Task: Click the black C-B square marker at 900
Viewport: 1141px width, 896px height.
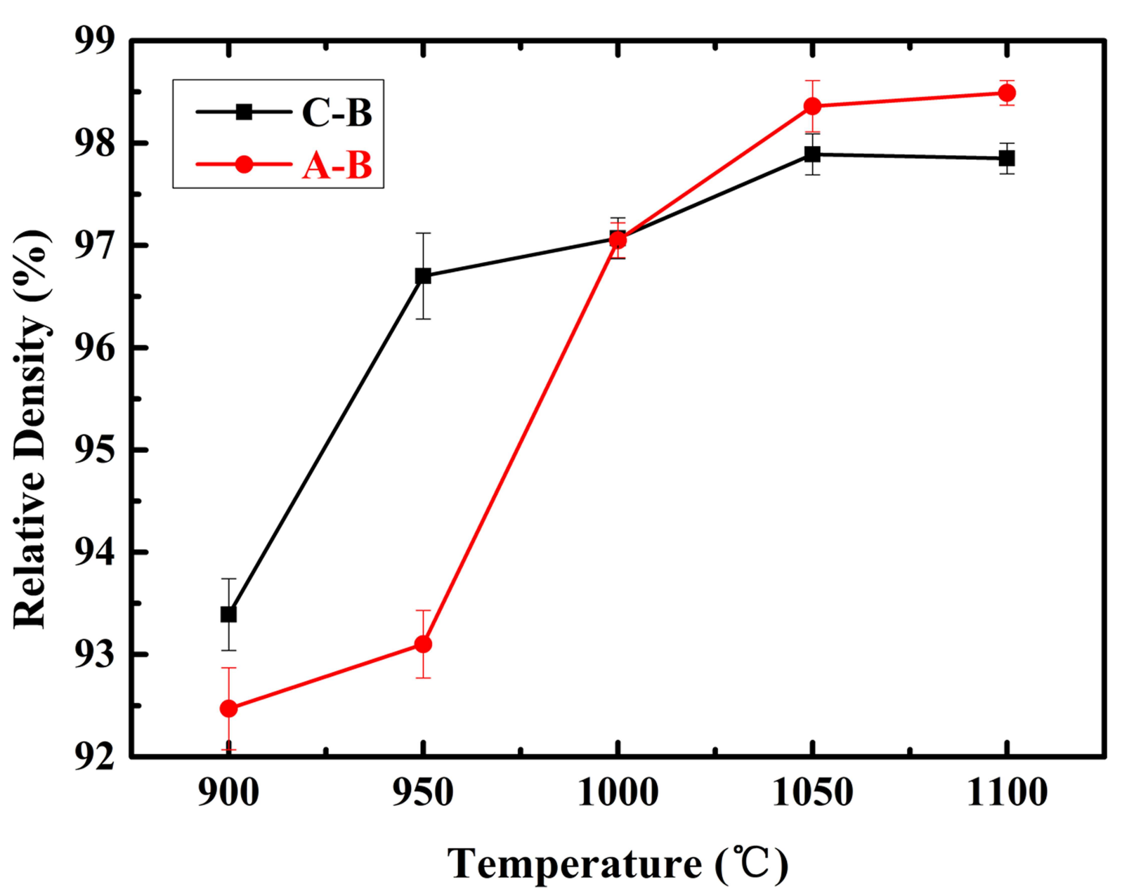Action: click(228, 614)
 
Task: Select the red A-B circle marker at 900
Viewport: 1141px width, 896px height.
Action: click(228, 709)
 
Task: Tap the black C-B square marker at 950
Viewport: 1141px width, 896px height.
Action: click(423, 276)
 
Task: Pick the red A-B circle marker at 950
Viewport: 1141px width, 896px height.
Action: click(423, 644)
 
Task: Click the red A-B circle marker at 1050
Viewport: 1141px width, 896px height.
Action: click(813, 106)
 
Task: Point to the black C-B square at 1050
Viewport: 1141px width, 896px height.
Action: click(813, 154)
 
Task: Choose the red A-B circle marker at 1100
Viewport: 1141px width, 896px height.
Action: click(1007, 93)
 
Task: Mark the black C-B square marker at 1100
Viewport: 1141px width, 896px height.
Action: click(1007, 158)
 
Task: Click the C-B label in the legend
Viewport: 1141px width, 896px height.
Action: click(337, 112)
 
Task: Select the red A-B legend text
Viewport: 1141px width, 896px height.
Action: click(337, 166)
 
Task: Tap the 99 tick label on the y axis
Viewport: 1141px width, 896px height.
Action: click(95, 41)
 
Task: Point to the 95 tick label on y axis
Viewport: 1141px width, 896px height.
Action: click(95, 450)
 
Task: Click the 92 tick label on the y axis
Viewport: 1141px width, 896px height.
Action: click(95, 756)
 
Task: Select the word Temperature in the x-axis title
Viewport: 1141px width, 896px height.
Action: click(574, 864)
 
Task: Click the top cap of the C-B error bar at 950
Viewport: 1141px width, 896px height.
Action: click(423, 233)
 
